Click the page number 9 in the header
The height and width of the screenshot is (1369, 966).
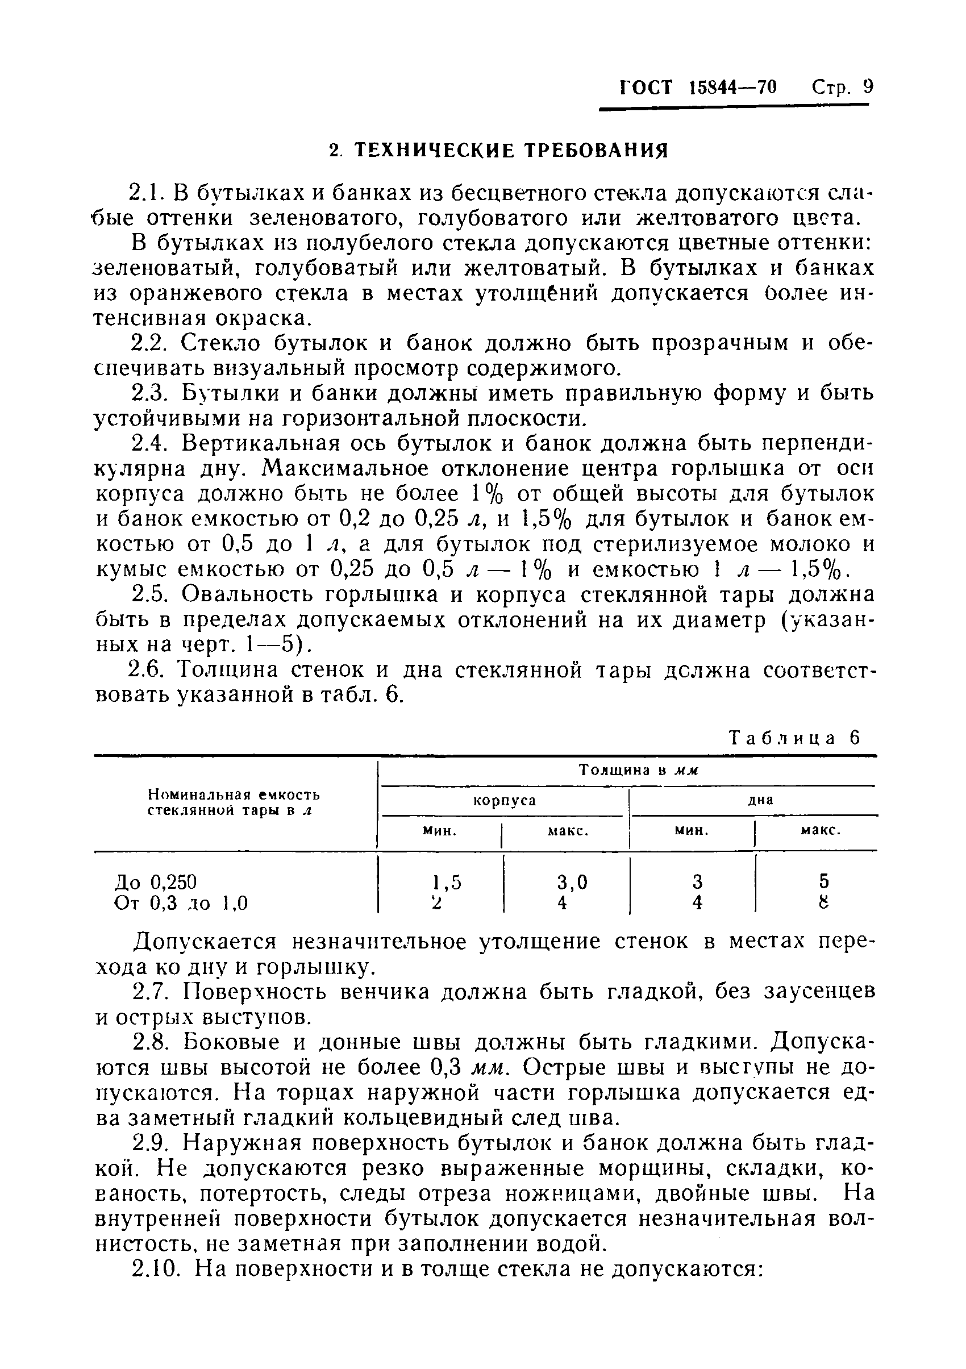[868, 88]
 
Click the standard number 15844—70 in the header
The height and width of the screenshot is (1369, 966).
[733, 88]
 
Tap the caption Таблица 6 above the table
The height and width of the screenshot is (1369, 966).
[796, 738]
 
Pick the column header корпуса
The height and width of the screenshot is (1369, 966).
[505, 800]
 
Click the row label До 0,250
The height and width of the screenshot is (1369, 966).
[155, 881]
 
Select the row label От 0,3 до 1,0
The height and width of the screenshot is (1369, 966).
[181, 904]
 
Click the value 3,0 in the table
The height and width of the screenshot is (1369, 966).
[572, 882]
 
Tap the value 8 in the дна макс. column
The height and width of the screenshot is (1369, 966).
[824, 904]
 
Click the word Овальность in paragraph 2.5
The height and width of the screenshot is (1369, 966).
[241, 595]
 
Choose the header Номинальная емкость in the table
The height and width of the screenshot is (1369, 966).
[234, 795]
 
